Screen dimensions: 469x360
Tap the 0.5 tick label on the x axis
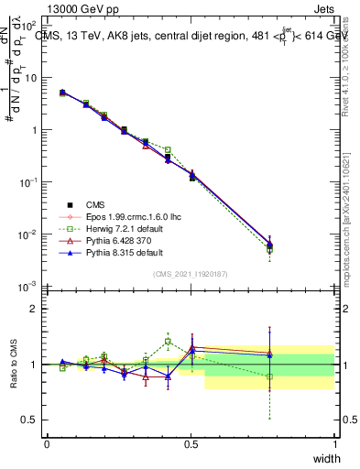(191, 443)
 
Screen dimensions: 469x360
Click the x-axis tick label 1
(334, 443)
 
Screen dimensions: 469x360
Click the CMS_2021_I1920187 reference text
(191, 274)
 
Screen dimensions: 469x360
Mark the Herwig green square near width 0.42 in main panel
(168, 149)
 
